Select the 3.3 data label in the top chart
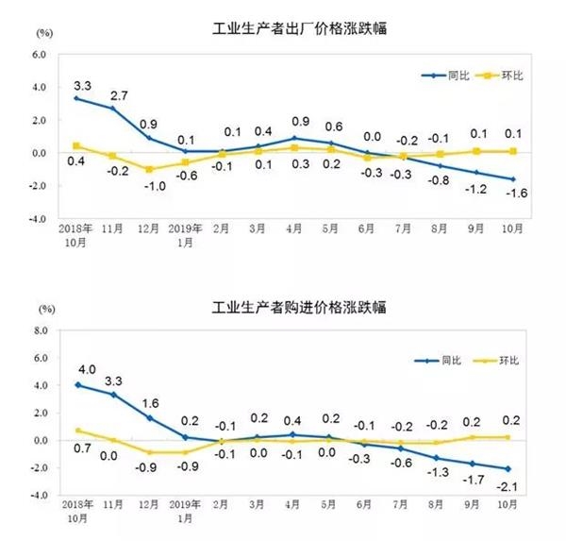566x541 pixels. point(82,81)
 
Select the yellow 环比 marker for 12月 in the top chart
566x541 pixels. point(148,169)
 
